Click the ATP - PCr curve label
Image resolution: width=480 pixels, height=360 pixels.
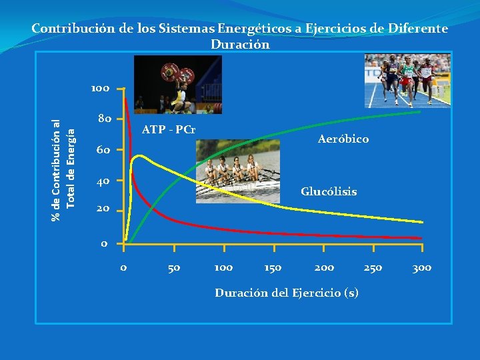[x=169, y=128]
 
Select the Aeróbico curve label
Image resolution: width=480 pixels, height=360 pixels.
[x=343, y=139]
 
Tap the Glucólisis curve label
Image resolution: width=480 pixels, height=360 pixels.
[x=328, y=191]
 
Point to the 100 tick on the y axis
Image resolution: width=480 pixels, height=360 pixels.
[x=101, y=88]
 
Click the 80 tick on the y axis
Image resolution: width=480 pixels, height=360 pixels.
[x=105, y=119]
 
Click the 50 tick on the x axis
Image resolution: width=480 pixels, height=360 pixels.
[x=173, y=267]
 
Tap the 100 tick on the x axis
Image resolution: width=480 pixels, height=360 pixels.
[x=223, y=267]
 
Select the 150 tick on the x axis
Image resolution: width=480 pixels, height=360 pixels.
[x=272, y=267]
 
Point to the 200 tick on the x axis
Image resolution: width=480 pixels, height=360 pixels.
[x=324, y=267]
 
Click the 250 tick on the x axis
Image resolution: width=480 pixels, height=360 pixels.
[x=373, y=267]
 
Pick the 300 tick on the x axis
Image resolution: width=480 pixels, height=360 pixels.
[x=421, y=267]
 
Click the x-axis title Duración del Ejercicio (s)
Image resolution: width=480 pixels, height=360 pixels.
[x=287, y=292]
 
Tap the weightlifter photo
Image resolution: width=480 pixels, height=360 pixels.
[x=177, y=85]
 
